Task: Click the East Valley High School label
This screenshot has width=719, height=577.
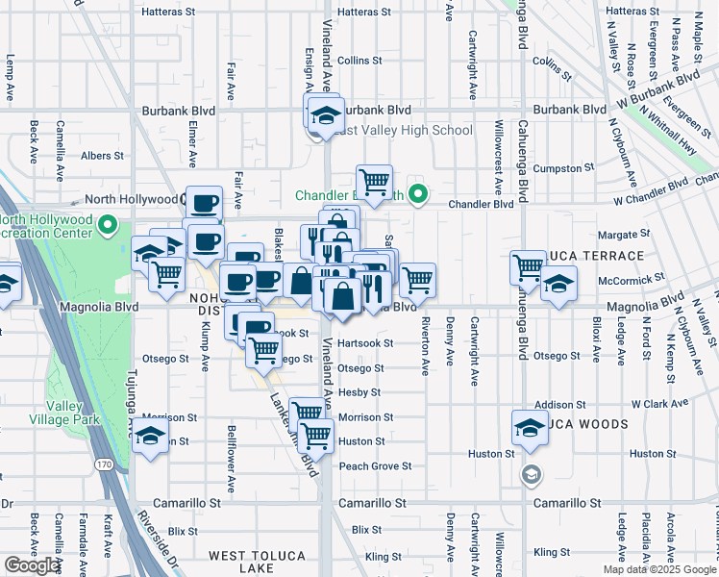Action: [403, 131]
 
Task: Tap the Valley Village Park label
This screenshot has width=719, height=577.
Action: [99, 414]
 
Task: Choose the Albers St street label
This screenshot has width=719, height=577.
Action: [103, 155]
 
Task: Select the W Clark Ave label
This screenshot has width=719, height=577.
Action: [662, 405]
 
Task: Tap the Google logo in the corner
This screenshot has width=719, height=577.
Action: [33, 565]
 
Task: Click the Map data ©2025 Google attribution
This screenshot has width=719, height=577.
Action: [659, 569]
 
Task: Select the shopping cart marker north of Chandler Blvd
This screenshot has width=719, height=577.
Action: [374, 180]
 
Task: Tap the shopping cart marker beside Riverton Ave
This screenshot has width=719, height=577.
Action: [416, 280]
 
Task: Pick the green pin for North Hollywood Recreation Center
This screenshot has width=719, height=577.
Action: [108, 227]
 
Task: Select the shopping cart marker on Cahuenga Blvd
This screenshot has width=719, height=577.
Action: [528, 266]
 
